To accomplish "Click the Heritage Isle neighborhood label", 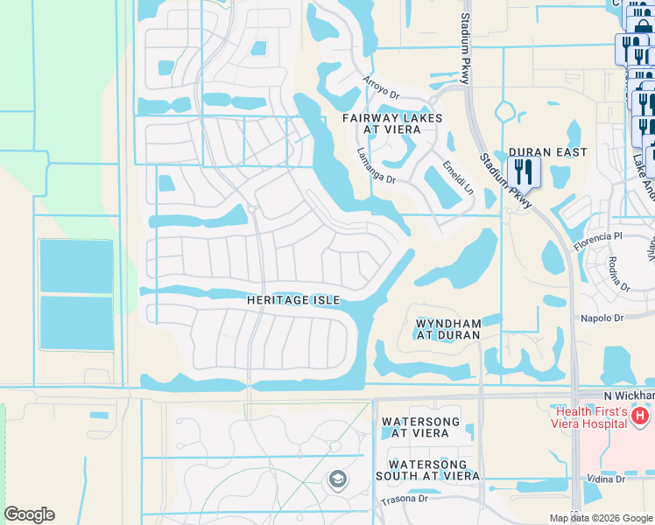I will [x=292, y=300].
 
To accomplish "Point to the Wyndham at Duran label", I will [x=447, y=329].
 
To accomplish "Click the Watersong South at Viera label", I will [x=433, y=470].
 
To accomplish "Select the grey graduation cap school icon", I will [x=337, y=479].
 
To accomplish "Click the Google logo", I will [x=29, y=514].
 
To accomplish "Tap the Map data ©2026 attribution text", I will [x=600, y=518].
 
